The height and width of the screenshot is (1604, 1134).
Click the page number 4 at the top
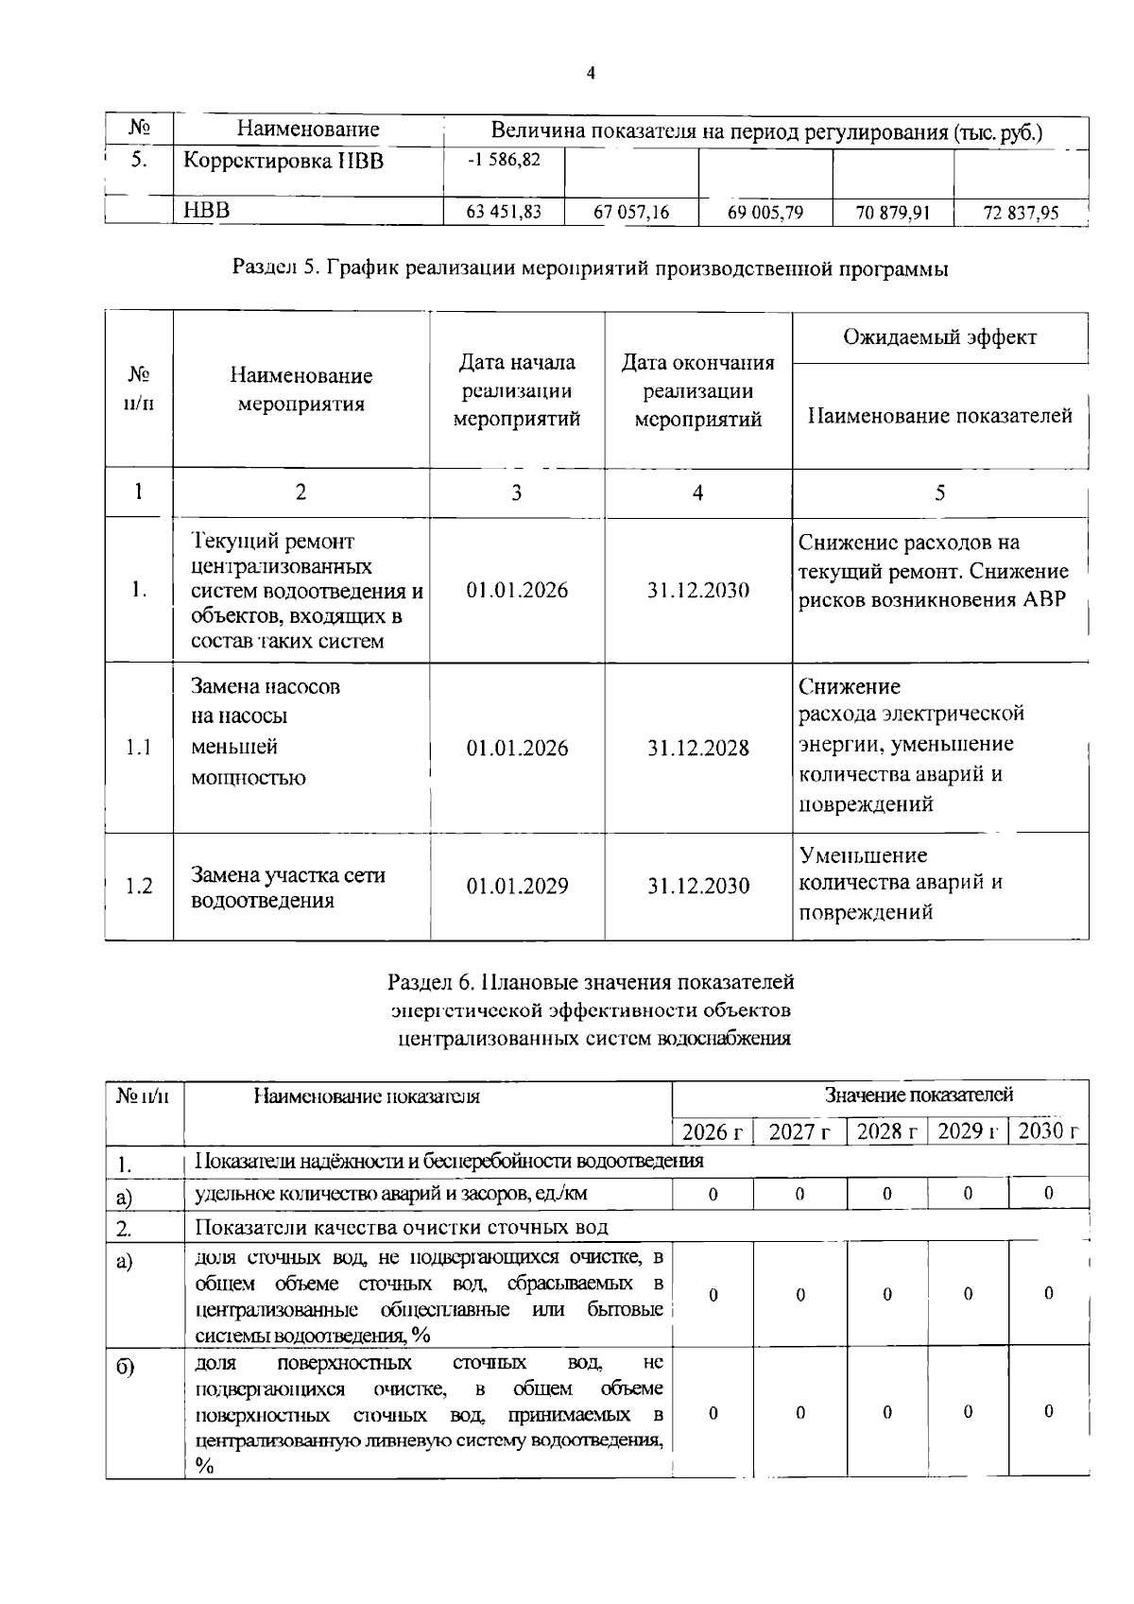pos(591,74)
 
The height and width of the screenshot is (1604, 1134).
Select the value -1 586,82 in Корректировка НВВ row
pos(504,160)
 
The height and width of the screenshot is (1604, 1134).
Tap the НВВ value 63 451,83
pos(504,213)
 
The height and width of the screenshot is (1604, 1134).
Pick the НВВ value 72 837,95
pos(1021,214)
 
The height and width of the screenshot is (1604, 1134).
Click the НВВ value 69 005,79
pos(765,213)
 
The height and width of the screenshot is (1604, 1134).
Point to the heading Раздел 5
pos(591,268)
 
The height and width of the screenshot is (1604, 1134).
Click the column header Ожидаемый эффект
pos(939,337)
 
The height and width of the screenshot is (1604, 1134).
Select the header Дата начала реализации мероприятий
pos(516,390)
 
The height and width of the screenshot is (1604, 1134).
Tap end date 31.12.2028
pos(697,748)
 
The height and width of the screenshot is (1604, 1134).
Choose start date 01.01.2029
pos(517,886)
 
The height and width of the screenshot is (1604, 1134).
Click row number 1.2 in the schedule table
pos(139,886)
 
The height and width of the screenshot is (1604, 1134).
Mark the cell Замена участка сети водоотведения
pos(288,887)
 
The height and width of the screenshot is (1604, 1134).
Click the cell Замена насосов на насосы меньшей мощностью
pos(266,732)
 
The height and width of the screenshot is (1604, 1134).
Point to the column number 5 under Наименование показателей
pos(939,492)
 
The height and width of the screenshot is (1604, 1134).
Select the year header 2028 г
pos(886,1131)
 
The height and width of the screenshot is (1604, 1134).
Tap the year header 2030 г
pos(1048,1131)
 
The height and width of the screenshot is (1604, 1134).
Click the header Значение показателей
pos(919,1095)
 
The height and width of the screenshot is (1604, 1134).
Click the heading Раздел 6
pos(591,983)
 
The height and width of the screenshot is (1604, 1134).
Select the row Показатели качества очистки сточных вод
pos(401,1228)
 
